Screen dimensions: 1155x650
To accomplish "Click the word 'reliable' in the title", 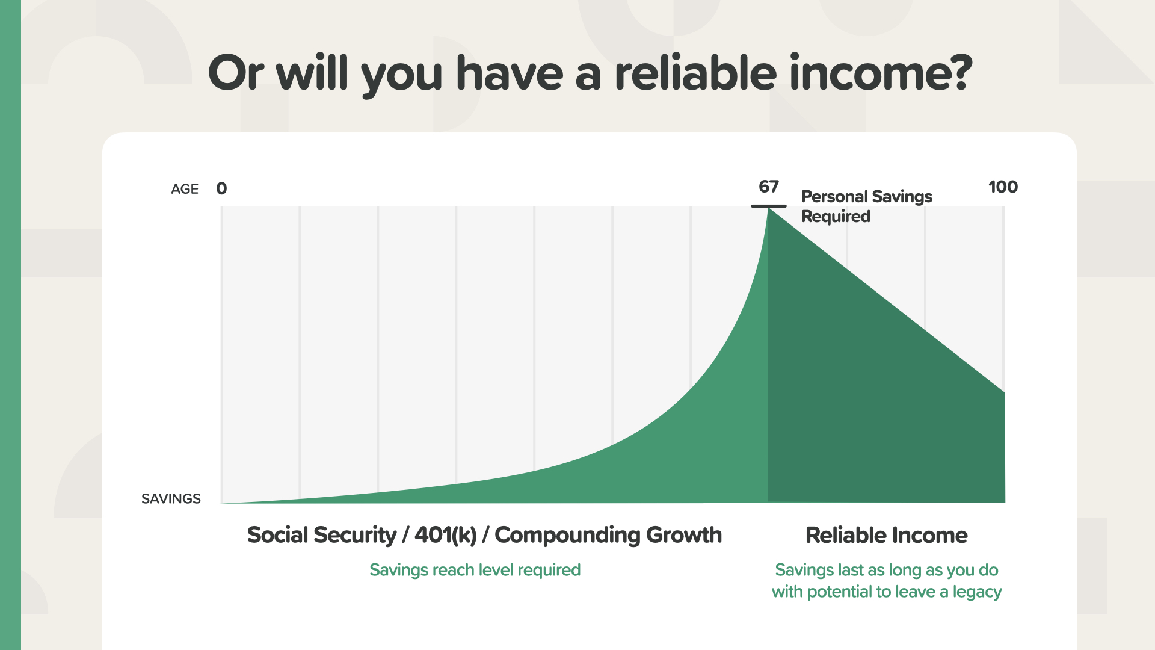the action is point(695,73).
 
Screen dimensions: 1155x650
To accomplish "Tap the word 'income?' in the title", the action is point(881,73).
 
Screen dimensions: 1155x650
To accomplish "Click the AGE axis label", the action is point(185,189).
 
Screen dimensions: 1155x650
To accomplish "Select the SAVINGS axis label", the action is point(171,499).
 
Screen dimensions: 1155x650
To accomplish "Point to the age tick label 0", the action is point(221,189).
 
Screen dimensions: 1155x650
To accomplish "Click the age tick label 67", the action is point(769,187).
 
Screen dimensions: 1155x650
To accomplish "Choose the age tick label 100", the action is point(1003,187).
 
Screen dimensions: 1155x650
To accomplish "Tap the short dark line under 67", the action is point(769,206).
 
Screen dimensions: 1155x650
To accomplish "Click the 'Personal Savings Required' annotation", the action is point(866,206).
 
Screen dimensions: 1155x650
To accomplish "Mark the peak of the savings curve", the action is point(768,208).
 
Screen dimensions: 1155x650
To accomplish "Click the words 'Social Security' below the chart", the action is point(322,535).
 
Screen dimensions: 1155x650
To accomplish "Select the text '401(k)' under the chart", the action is point(446,535).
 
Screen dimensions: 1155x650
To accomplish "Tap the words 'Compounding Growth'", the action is point(608,535).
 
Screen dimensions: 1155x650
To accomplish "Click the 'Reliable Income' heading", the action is point(886,535).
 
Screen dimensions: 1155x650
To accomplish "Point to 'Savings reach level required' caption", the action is point(475,570).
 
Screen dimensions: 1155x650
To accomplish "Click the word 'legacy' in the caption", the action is point(977,592).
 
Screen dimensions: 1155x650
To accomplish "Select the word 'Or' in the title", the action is point(236,73).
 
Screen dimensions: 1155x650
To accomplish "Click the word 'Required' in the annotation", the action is point(836,217).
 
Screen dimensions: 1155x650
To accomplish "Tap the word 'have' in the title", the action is point(509,73).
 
